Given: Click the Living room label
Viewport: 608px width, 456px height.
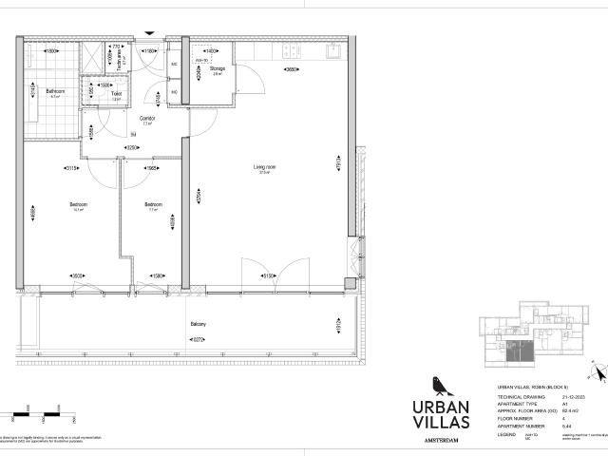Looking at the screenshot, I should pos(264,168).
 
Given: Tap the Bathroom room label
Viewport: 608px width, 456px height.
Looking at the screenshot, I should pos(54,92).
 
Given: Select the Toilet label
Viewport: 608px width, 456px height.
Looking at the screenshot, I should pos(116,93).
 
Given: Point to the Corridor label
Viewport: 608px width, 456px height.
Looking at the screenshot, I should pos(148,119).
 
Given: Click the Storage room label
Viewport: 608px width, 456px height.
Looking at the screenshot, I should pos(216,68).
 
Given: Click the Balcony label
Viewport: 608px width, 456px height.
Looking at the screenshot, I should pos(198,324).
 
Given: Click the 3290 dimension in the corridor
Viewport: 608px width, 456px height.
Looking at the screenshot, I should pos(133,148).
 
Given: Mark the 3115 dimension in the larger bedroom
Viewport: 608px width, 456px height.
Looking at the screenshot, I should pos(70,168).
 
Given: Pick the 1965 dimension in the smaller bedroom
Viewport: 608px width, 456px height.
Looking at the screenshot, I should pos(151,168).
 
